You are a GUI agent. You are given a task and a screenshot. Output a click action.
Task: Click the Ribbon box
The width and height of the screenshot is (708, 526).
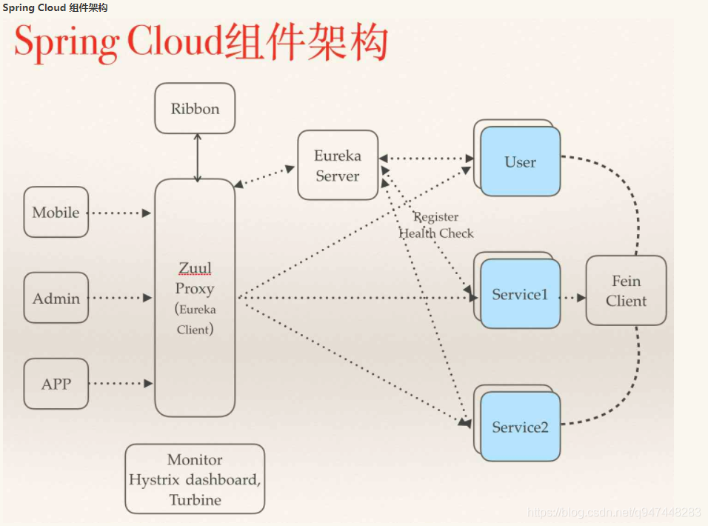coord(195,109)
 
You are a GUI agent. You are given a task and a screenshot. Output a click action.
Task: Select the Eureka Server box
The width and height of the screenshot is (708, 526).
coord(338,166)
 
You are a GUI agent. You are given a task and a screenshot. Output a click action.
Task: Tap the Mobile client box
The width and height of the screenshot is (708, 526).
coord(56,213)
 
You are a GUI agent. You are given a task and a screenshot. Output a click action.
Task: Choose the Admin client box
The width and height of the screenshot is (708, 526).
coord(56,299)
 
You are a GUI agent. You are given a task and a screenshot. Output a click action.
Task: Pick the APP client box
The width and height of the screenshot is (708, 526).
coord(56,384)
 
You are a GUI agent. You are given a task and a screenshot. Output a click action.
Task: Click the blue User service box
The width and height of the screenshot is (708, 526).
coord(521,162)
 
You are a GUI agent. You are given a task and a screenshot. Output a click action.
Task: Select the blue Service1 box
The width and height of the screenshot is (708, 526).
coord(520,294)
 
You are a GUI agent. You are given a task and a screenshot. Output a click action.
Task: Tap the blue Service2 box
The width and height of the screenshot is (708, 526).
coord(521,427)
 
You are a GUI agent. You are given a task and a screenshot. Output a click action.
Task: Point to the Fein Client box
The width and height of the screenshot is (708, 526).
coord(626,291)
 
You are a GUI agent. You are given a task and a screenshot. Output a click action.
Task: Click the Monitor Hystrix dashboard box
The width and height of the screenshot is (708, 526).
coord(195,479)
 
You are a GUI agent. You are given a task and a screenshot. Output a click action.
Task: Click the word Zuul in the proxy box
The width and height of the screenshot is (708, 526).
coord(195,268)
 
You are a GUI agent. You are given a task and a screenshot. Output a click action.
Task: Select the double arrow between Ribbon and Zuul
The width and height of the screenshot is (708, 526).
coord(197,157)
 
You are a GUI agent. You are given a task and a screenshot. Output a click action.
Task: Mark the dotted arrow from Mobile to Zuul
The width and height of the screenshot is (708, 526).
coord(120,213)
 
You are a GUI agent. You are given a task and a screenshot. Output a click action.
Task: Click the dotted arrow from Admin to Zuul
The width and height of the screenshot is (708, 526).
coord(120,298)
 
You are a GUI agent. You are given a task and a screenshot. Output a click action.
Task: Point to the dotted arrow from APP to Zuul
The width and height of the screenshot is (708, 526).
coord(120,384)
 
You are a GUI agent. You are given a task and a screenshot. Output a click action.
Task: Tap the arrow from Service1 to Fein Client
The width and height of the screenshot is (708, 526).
coord(573,299)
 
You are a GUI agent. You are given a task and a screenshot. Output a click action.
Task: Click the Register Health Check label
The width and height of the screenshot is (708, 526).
coord(436,225)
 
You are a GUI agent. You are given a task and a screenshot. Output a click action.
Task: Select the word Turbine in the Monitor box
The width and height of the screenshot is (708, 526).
coord(195,500)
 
